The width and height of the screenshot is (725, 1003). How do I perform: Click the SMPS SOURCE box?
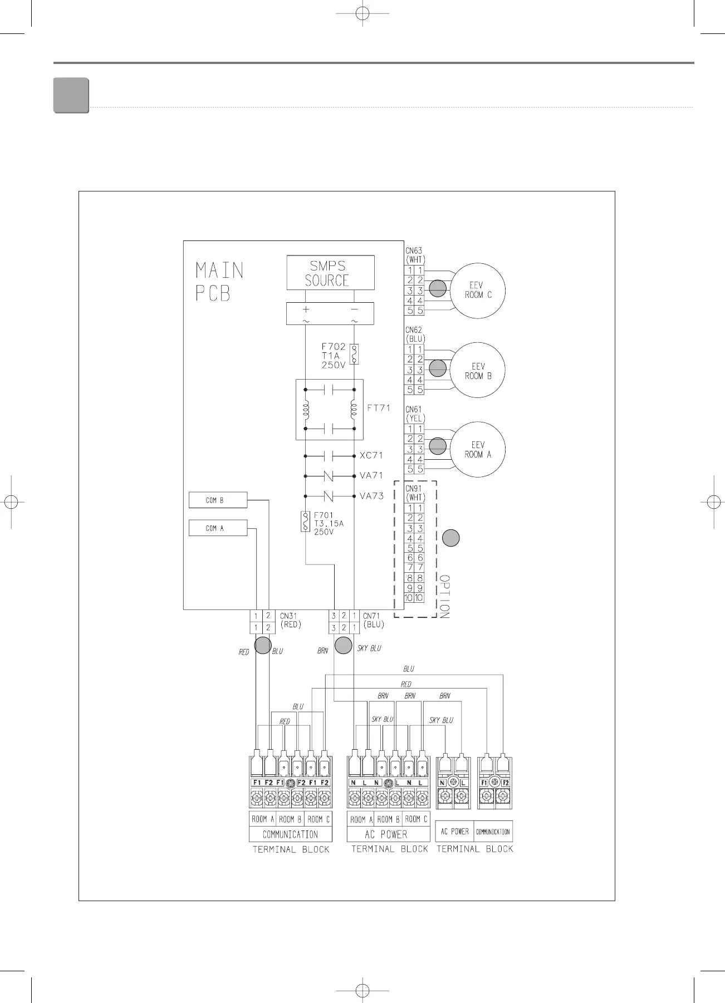pos(330,273)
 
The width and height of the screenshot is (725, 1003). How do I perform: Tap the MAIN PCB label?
pos(219,282)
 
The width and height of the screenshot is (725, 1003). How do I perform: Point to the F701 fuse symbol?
pos(305,521)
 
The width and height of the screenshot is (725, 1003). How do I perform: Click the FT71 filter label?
pos(379,408)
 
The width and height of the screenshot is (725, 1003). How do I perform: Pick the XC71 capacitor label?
pos(371,455)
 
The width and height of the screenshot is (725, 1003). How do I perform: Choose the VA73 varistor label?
pos(371,496)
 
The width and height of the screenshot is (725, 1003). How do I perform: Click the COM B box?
pos(218,500)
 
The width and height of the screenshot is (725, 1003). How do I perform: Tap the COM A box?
pos(218,528)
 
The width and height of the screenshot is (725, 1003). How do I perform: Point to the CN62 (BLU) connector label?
pos(415,334)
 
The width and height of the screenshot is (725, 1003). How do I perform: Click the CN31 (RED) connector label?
pos(290,620)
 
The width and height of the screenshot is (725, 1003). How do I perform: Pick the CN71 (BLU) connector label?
pos(373,620)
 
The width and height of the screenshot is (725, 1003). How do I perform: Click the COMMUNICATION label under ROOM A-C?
pos(290,834)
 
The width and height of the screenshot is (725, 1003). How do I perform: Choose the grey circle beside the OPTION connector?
pos(451,538)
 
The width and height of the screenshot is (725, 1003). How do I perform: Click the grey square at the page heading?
pos(71,96)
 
